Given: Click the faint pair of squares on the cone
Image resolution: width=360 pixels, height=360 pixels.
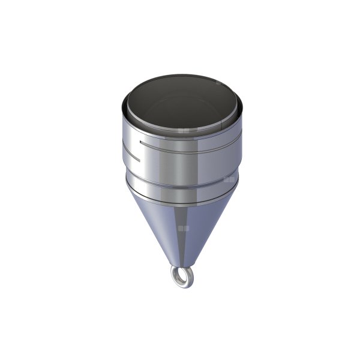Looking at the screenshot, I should coord(185,228).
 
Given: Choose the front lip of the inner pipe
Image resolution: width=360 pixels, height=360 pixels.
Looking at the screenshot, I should coord(180,134).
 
